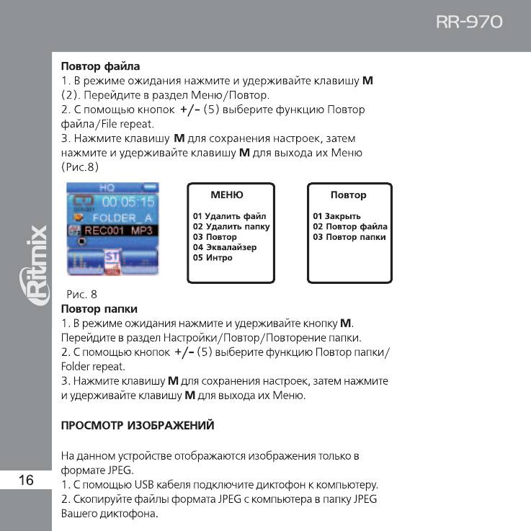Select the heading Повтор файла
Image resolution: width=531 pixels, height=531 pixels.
100,67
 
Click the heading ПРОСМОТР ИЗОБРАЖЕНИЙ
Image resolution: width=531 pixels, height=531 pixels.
138,426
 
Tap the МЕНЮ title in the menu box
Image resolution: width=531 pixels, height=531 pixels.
226,195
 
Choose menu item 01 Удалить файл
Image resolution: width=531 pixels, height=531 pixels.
229,216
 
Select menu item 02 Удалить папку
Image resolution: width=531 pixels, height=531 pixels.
231,226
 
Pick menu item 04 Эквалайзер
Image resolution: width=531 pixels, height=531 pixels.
224,247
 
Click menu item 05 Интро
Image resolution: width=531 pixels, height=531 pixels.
213,258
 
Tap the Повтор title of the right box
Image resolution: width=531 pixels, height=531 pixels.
348,195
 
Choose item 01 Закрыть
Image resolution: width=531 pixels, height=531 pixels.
336,216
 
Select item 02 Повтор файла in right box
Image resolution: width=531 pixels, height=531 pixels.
350,226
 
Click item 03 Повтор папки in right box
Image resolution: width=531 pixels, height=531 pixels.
349,237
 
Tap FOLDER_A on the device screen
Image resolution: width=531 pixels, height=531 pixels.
122,217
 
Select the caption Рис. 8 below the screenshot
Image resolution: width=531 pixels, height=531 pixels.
81,294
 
